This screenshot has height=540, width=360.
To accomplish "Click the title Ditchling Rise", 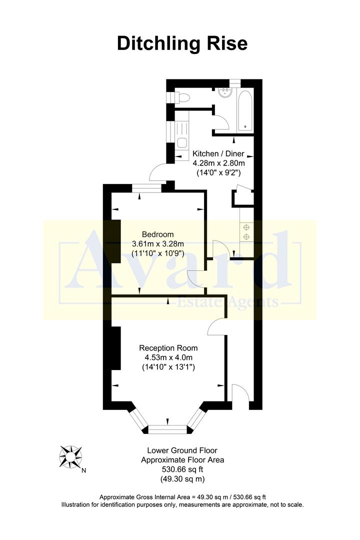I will coord(182,43).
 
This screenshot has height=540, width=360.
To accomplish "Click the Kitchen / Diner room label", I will coord(218,154).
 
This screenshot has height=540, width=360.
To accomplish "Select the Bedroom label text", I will coord(157,234).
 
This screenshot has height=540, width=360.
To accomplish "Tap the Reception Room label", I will coord(168,348).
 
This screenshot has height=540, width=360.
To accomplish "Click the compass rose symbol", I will coord(70,456).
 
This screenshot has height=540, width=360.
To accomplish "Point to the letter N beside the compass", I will coord(84,470).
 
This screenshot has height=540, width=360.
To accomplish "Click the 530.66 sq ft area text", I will coord(182,469).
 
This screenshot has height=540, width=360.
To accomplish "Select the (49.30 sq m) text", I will coord(182,479).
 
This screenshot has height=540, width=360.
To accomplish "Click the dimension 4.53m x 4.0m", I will coord(168,357).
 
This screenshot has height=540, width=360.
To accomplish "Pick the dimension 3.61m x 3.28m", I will coord(157,244).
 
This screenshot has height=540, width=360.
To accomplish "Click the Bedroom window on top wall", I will coord(147,188).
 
